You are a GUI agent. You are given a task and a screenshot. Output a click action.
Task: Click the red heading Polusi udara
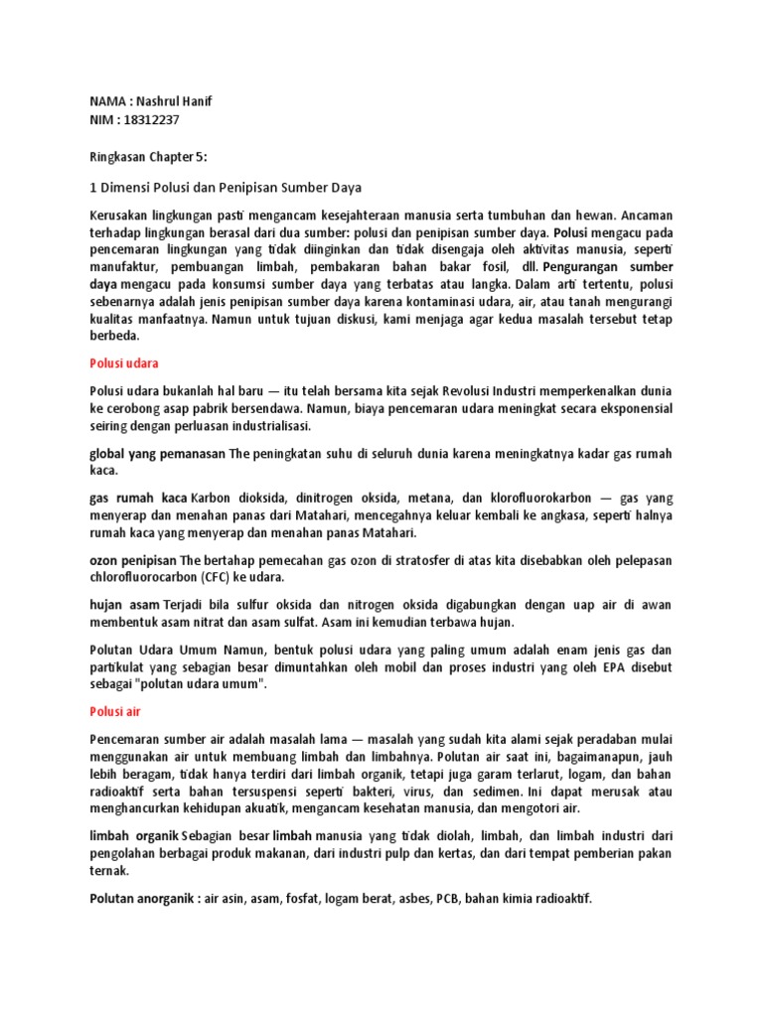[124, 363]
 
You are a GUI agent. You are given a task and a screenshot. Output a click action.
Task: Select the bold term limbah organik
[134, 837]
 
